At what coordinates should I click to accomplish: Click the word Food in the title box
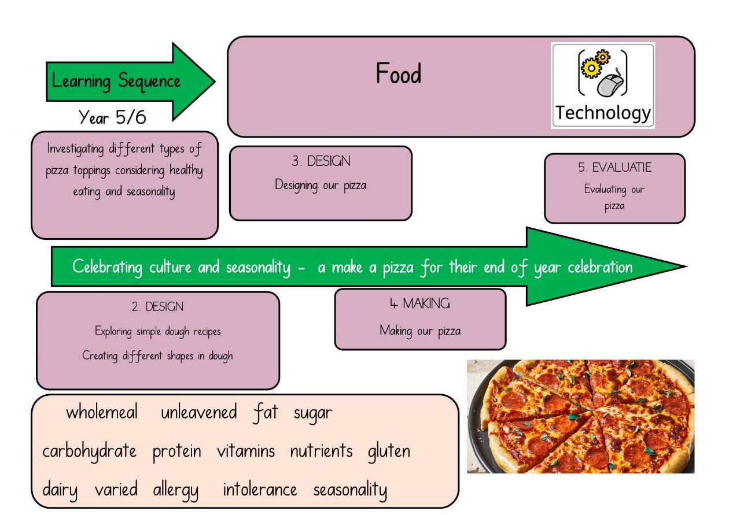click(399, 75)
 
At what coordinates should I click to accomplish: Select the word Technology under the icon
click(603, 113)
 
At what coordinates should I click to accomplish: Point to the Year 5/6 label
click(112, 117)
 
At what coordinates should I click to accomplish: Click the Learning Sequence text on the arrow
click(116, 80)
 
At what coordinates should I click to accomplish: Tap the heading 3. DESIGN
click(321, 161)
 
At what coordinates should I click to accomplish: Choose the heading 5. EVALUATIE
click(614, 168)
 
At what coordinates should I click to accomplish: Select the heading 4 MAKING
click(419, 303)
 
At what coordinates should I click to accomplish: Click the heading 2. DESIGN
click(157, 307)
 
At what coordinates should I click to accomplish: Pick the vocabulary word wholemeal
click(102, 413)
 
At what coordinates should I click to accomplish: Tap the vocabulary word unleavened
click(198, 413)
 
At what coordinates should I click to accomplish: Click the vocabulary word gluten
click(389, 451)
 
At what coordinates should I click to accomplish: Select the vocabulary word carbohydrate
click(90, 451)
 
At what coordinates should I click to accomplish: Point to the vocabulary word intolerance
click(260, 490)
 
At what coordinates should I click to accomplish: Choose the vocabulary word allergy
click(176, 491)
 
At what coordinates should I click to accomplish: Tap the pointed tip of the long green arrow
click(684, 267)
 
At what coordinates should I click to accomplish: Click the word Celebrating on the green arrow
click(107, 268)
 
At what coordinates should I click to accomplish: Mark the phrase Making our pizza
click(420, 331)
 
